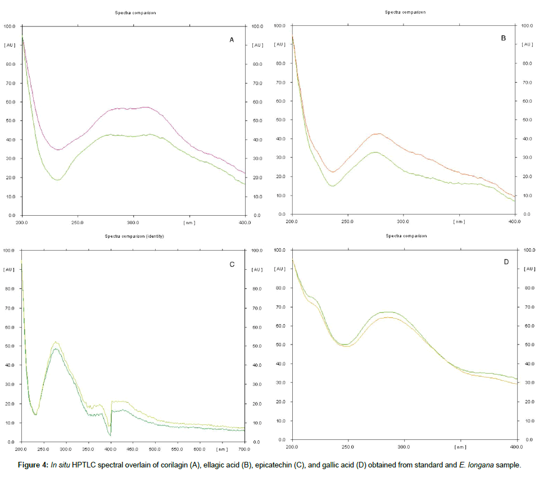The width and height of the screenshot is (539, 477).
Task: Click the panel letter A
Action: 231,40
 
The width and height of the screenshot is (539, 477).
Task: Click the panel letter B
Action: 503,38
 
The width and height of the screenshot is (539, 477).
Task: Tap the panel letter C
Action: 232,264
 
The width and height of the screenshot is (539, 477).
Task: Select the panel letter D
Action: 506,262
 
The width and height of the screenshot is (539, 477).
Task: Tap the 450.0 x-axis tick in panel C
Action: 133,449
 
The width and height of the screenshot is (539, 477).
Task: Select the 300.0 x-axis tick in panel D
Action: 404,447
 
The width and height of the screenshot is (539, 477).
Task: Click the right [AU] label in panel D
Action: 528,269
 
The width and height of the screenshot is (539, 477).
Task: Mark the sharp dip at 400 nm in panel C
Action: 111,434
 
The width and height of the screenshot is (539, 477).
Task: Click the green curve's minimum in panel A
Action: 57,180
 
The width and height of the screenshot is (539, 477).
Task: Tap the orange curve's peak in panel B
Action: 379,134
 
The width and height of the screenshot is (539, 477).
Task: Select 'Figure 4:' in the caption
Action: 33,465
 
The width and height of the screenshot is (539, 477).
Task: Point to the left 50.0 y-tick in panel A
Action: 10,121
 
